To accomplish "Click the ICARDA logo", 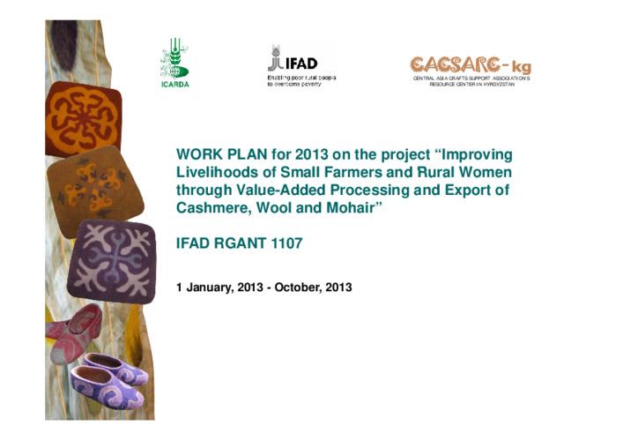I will [174, 64].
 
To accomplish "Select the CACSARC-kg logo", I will [471, 64].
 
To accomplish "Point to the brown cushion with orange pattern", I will [83, 117].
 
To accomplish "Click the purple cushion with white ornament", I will [112, 260].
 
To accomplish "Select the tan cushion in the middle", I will [94, 189].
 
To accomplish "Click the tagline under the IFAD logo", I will [301, 81].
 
